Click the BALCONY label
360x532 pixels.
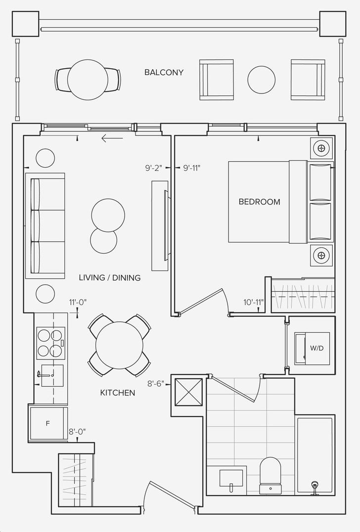coord(164,72)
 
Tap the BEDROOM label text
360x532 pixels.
coord(260,202)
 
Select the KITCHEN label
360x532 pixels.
coord(118,393)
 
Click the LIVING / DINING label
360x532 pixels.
coord(110,278)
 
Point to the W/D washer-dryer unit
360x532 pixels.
coord(312,349)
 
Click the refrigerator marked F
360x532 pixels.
coord(48,423)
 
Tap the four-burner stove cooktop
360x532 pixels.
coord(50,343)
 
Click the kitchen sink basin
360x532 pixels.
coord(52,376)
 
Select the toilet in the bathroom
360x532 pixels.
coord(270,475)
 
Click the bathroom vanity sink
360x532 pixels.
coord(231,479)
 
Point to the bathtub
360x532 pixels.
coord(315,455)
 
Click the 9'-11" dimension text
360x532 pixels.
coord(192,168)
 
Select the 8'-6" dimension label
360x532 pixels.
coord(156,384)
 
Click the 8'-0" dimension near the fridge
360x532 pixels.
coord(77,432)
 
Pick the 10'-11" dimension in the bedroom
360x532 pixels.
coord(254,302)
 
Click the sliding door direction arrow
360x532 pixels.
coord(112,138)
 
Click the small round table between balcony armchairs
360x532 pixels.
coord(261,80)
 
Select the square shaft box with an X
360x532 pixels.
coord(188,392)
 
